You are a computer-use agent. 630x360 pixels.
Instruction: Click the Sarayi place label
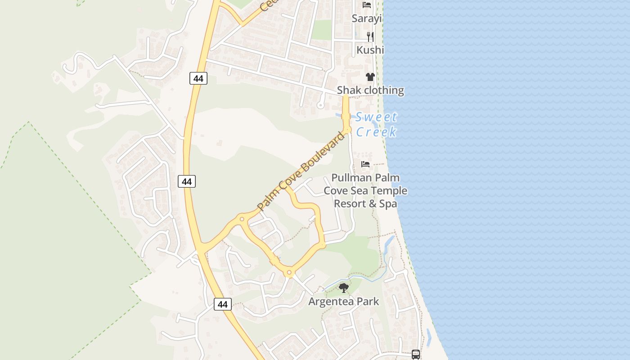coord(367,18)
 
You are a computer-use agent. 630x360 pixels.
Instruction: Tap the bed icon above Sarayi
coord(367,5)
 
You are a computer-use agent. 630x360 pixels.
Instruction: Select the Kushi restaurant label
coord(370,49)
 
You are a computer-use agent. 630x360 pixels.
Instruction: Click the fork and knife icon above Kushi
coord(370,36)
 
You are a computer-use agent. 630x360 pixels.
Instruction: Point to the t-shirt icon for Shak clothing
coord(370,77)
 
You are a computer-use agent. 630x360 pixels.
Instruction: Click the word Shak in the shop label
coord(349,90)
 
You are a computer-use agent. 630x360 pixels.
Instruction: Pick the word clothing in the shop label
coord(383,90)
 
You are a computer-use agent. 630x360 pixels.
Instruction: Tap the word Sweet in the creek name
coord(376,117)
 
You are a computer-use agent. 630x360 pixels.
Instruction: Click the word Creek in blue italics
coord(376,132)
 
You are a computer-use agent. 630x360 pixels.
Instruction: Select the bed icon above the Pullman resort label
coord(365,164)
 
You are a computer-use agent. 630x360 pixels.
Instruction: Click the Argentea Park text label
coord(344,301)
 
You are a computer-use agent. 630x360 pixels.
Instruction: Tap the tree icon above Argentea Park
coord(344,288)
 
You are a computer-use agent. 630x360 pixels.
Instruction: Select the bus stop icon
coord(416,355)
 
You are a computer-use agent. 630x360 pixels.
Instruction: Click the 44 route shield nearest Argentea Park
coord(222,304)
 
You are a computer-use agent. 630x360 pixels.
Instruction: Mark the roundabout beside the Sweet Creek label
coord(347,130)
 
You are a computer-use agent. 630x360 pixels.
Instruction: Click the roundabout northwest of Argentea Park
coord(289,272)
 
